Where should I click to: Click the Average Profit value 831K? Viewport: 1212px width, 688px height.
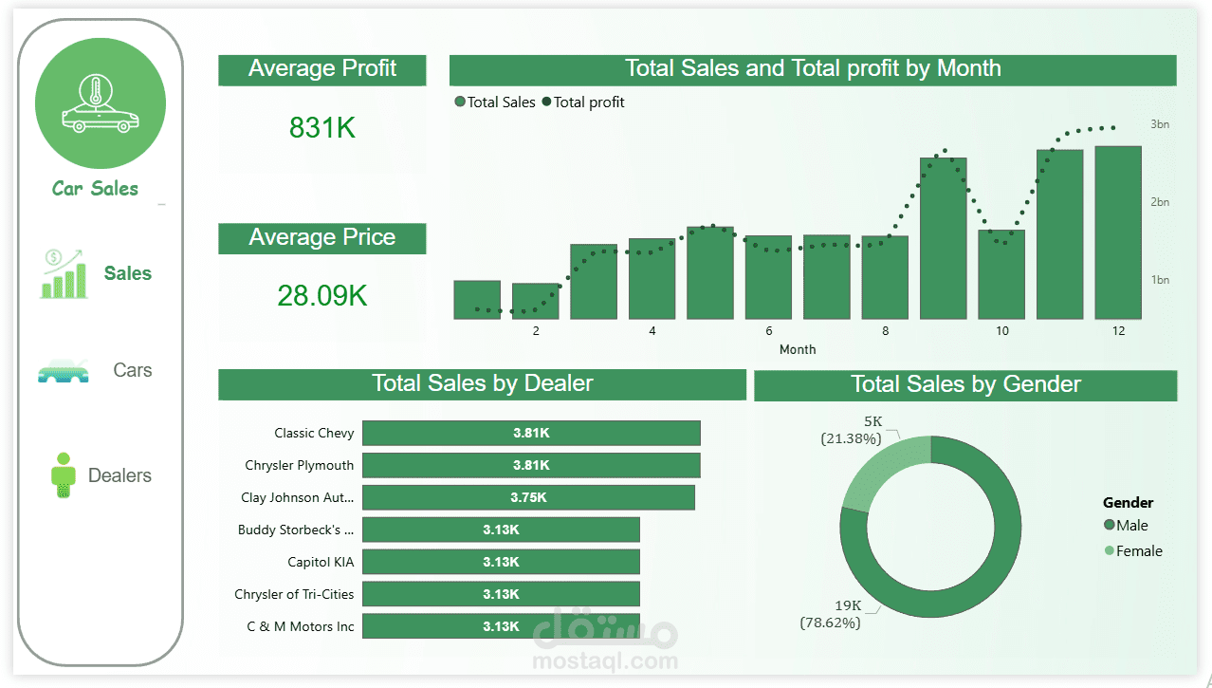point(322,128)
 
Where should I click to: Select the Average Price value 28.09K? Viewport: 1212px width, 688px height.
point(322,296)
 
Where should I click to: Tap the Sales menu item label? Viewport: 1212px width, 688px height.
point(128,273)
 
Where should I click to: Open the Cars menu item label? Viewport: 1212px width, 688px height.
point(132,370)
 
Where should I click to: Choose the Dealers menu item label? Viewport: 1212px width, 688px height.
point(119,475)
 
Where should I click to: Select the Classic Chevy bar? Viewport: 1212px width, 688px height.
point(531,433)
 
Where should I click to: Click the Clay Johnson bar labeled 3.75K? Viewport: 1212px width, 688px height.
point(528,497)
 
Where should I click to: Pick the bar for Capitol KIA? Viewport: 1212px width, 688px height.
point(501,562)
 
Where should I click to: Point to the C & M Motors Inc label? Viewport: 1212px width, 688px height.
point(301,626)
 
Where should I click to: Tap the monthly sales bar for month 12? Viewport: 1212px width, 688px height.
point(1118,232)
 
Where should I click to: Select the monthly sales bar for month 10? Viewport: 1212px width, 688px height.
point(1001,274)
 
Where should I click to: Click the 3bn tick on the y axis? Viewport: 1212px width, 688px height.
point(1160,124)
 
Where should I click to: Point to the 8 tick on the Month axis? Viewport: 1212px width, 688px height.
point(886,331)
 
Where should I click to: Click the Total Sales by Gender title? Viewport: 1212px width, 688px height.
point(965,384)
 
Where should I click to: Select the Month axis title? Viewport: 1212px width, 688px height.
point(798,349)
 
